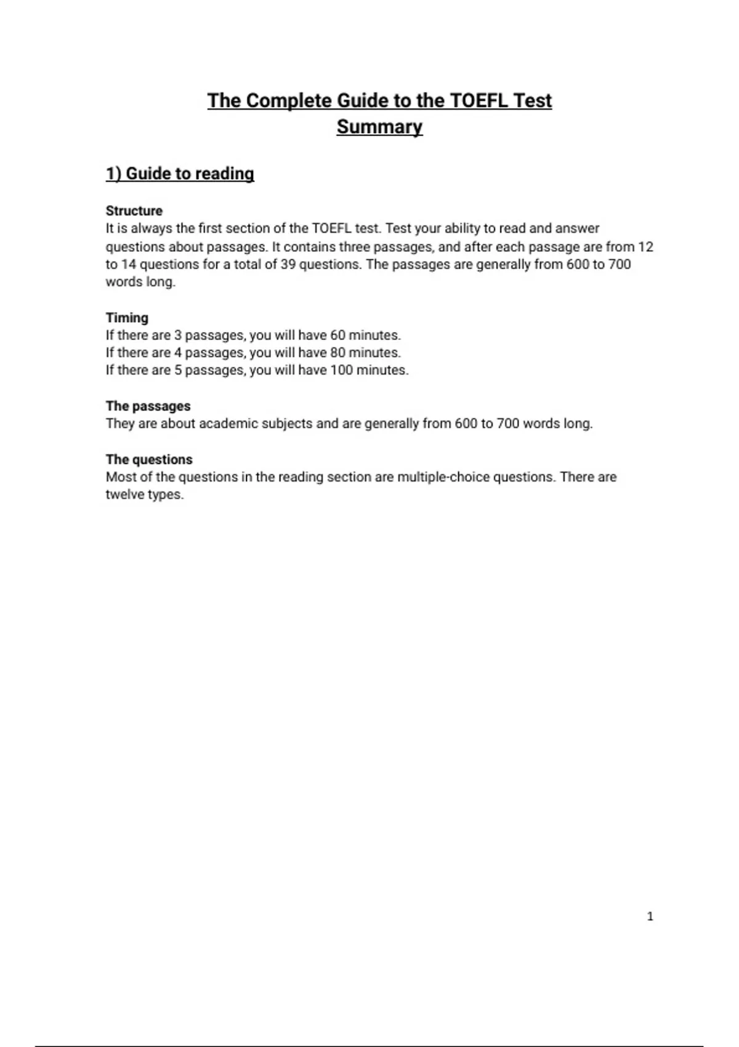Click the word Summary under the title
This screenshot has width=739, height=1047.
coord(379,127)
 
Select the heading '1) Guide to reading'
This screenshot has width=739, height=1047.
coord(180,174)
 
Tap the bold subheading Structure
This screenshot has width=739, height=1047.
coord(134,211)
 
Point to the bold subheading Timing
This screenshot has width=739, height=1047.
coord(127,318)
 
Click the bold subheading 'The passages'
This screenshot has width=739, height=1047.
coord(148,406)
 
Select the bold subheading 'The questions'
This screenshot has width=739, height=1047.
coord(149,459)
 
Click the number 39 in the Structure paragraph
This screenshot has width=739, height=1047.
coord(288,265)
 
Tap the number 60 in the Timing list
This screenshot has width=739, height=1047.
coord(338,336)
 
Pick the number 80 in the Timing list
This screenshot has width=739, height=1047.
coord(338,353)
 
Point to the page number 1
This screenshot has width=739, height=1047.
coord(650,916)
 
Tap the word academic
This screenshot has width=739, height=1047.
coord(228,424)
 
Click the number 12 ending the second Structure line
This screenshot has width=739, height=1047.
coord(645,247)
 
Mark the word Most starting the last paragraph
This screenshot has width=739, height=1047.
coord(121,477)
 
